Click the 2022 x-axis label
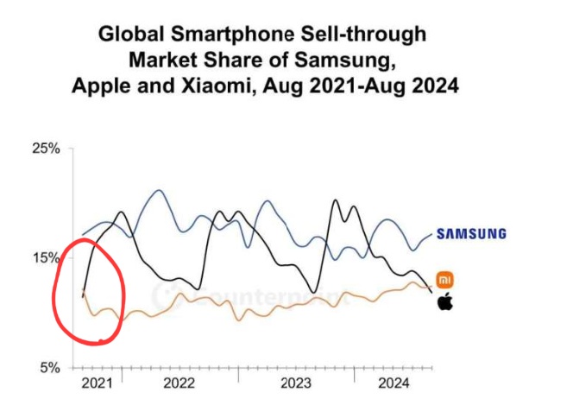pos(179,381)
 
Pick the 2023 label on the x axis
pos(296,381)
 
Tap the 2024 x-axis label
pos(394,381)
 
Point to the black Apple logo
pos(445,301)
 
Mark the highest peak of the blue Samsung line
pos(158,191)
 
